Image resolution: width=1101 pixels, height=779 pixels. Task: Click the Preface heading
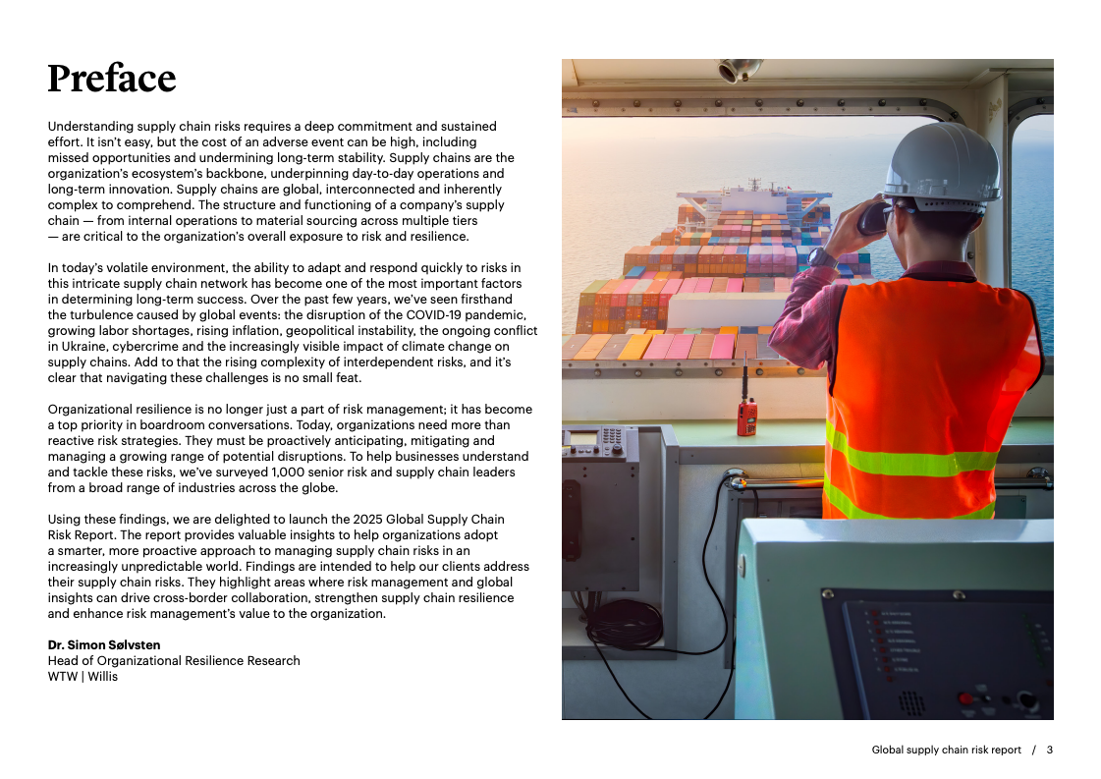(x=112, y=79)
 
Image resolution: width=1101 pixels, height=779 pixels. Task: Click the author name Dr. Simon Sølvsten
(x=104, y=644)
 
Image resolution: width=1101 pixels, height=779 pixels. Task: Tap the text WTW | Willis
(x=83, y=676)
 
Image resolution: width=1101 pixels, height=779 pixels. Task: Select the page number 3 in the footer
(x=1049, y=750)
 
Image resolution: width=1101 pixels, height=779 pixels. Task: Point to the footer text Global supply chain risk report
(x=946, y=750)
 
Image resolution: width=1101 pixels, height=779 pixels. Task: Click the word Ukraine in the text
(x=78, y=347)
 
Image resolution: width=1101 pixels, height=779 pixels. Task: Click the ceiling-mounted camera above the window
(x=739, y=71)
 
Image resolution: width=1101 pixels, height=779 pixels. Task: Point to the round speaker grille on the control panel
(x=910, y=702)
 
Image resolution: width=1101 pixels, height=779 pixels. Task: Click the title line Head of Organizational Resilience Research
(x=174, y=660)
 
